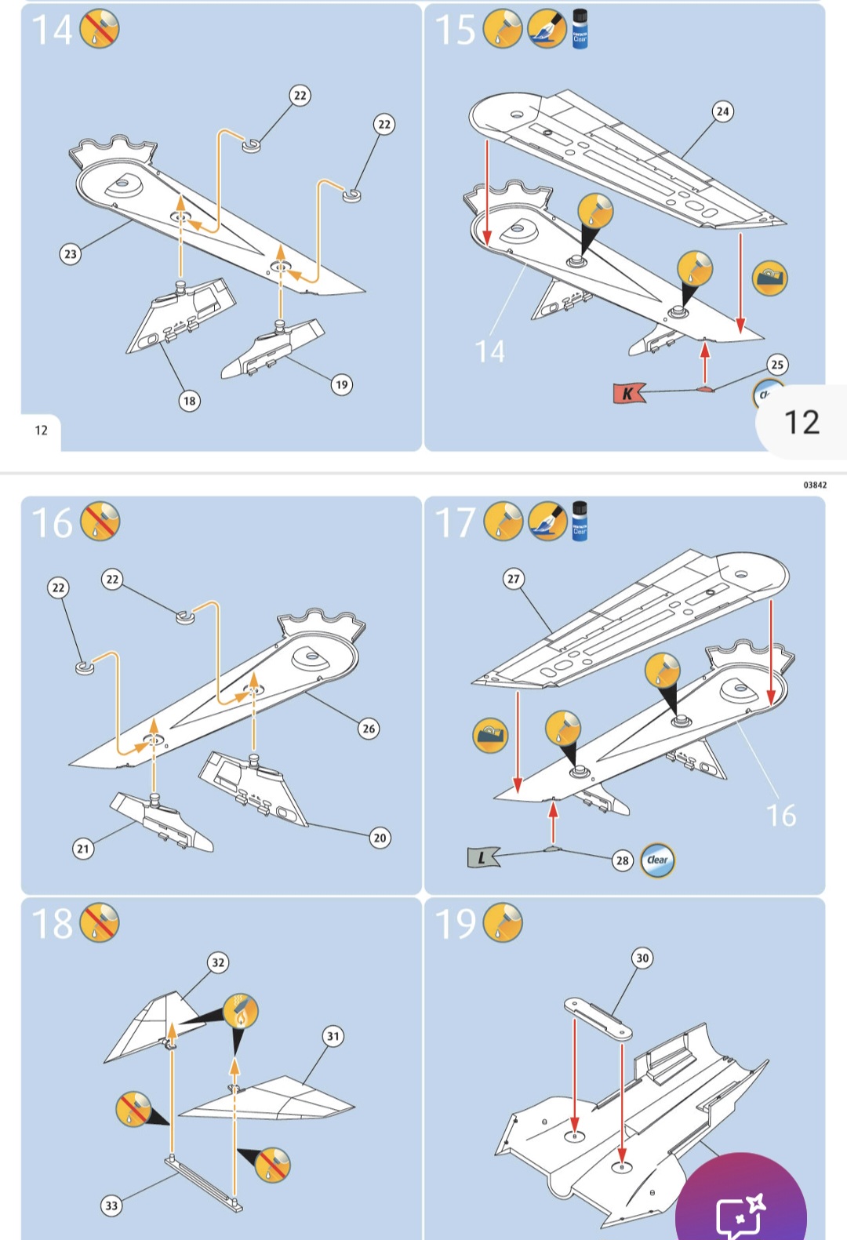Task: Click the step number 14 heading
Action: coord(52,30)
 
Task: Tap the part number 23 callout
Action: coord(71,254)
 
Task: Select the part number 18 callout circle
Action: coord(189,401)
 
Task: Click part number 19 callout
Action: coord(341,384)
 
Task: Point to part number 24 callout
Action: coord(722,111)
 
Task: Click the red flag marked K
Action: coord(628,393)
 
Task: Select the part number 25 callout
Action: coord(776,365)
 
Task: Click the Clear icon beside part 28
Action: coord(657,860)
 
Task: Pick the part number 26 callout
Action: coord(369,729)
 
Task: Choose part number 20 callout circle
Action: coord(380,838)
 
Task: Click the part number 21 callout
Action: coord(83,848)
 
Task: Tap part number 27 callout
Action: coord(513,579)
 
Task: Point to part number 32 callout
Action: coord(218,962)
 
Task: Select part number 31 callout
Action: coord(333,1036)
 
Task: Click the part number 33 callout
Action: coord(111,1205)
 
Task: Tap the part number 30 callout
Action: coord(642,958)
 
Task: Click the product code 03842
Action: coord(815,485)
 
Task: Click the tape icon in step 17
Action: coord(491,736)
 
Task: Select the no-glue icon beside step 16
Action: coord(100,522)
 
